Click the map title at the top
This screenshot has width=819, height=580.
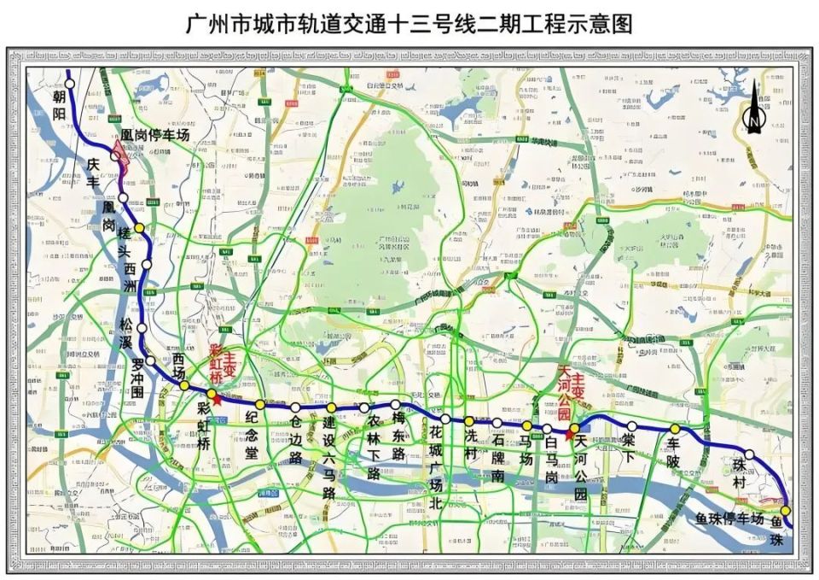[409, 23]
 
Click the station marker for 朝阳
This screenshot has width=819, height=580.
[70, 84]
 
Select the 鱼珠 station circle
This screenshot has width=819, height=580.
[786, 511]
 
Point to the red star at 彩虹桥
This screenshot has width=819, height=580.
[218, 399]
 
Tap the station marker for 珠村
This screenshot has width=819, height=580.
[749, 455]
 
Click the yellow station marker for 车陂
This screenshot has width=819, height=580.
[675, 429]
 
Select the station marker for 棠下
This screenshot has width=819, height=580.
[631, 426]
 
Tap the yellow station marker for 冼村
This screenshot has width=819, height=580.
[469, 421]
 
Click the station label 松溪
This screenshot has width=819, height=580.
[125, 333]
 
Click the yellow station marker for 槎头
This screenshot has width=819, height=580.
[139, 228]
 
